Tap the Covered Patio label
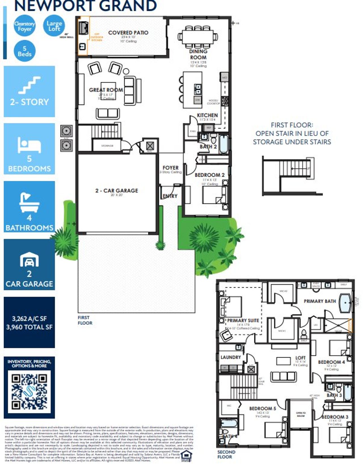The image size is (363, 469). click(x=128, y=33)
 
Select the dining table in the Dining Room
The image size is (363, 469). click(x=198, y=37)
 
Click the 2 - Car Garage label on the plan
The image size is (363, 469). click(x=117, y=191)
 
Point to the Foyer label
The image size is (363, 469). click(x=170, y=168)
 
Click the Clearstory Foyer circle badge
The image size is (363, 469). click(x=25, y=26)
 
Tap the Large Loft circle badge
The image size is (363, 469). click(x=54, y=26)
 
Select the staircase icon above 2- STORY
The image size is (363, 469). click(x=29, y=85)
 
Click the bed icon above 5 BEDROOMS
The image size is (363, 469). click(x=29, y=145)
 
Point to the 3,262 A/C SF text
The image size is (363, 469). click(x=29, y=319)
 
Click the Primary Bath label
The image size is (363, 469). click(x=320, y=301)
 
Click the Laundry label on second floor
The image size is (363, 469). click(x=231, y=357)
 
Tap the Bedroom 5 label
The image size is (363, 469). click(x=262, y=408)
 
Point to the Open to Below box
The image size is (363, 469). click(x=301, y=414)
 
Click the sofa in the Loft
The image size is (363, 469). click(x=284, y=376)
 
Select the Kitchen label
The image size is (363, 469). click(x=207, y=115)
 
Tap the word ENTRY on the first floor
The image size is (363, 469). click(x=170, y=196)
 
